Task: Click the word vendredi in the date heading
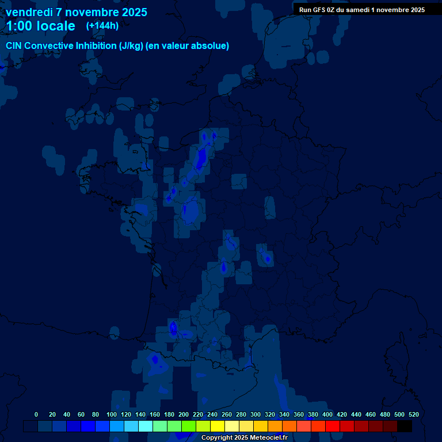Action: click(28, 12)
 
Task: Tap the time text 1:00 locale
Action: click(40, 26)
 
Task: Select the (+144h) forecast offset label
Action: click(102, 25)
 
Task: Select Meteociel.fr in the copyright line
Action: click(268, 438)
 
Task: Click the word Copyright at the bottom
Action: click(218, 438)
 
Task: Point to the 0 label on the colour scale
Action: click(36, 414)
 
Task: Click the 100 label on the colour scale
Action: click(112, 414)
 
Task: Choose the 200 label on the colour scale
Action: click(184, 414)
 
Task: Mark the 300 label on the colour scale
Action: click(256, 414)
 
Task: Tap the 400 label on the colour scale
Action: click(327, 414)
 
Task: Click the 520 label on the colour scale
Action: click(414, 414)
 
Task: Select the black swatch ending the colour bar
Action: click(405, 426)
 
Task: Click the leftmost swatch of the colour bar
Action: click(31, 426)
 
